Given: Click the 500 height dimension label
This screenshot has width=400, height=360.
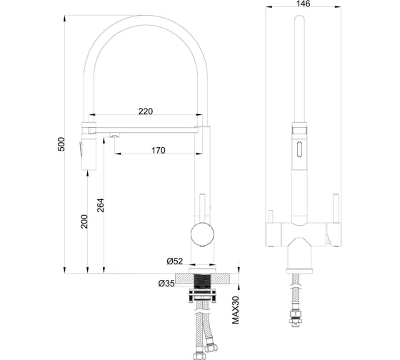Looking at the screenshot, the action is [x=61, y=144].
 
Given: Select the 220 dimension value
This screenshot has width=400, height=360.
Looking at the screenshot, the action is [x=146, y=111].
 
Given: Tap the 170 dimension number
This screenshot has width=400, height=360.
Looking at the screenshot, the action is [x=158, y=150].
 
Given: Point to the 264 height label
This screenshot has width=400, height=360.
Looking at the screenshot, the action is [x=101, y=205].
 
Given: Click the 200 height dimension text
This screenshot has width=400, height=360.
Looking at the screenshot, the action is [x=84, y=221].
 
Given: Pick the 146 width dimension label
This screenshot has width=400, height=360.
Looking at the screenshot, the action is [x=304, y=4].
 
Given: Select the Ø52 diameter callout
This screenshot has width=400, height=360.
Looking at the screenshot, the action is [x=175, y=261].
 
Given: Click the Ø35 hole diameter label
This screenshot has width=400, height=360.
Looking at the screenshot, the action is [x=166, y=283].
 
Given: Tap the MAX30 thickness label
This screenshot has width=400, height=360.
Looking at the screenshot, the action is [x=236, y=310].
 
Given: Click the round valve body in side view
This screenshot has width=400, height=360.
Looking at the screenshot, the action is [x=202, y=234].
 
